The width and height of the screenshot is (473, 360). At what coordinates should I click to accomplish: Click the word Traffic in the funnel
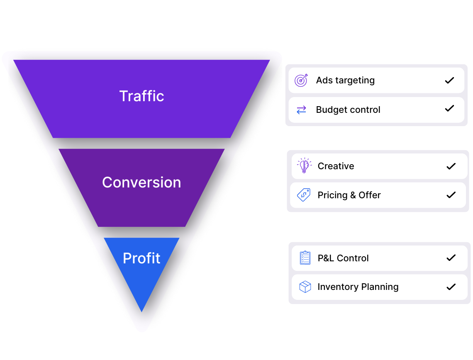(141, 96)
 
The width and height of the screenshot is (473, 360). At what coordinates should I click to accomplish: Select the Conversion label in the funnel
(141, 182)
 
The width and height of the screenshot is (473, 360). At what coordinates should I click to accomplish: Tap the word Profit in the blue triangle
(141, 258)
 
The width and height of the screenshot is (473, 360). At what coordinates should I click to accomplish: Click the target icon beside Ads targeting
(301, 80)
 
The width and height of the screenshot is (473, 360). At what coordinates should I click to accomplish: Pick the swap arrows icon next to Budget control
(301, 110)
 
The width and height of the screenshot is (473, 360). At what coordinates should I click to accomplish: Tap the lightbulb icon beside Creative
(304, 166)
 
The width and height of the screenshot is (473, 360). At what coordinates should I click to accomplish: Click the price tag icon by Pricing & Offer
(304, 195)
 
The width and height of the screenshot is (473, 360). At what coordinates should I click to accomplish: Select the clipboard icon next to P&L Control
(305, 258)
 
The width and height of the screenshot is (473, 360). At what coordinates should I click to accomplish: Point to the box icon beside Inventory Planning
(305, 287)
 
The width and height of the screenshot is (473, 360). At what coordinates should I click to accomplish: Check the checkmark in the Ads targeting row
(449, 80)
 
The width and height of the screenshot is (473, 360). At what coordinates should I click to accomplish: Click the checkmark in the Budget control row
(449, 109)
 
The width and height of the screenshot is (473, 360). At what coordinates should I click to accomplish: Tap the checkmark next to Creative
(451, 166)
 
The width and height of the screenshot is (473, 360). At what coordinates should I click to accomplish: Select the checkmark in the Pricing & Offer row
(451, 195)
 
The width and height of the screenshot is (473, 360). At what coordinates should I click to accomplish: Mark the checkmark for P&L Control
(451, 258)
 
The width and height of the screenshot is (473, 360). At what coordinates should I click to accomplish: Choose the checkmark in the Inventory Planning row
(451, 287)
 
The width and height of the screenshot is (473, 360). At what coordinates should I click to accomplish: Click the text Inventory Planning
(358, 287)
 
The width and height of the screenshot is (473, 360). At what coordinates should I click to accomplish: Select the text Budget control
(348, 110)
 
